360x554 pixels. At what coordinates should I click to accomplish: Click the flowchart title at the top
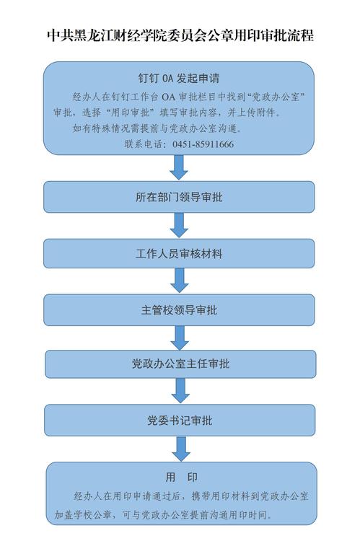(x=180, y=35)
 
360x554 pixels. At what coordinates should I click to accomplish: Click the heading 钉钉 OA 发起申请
(x=179, y=78)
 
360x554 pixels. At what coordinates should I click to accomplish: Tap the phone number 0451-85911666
(x=203, y=144)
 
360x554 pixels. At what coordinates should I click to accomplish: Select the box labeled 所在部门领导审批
(x=179, y=197)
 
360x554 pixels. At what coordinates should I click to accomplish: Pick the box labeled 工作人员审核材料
(x=179, y=253)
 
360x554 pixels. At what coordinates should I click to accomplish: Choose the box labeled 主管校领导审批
(x=179, y=310)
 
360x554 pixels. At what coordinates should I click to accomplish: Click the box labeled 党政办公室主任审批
(x=180, y=364)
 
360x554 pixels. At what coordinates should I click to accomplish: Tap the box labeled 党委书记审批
(x=180, y=420)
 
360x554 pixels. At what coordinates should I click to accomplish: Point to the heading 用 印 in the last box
(x=182, y=478)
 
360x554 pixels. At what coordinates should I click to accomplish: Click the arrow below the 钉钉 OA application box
(x=179, y=167)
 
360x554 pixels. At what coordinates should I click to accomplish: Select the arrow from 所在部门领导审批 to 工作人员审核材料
(x=179, y=225)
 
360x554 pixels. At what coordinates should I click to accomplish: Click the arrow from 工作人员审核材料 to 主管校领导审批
(x=180, y=280)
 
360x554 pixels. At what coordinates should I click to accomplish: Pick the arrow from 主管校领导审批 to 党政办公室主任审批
(x=180, y=338)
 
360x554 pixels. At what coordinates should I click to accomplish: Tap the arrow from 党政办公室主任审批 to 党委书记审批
(x=180, y=390)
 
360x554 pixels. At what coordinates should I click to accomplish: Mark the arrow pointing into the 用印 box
(x=181, y=449)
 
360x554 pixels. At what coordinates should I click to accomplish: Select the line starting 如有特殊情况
(x=158, y=128)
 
